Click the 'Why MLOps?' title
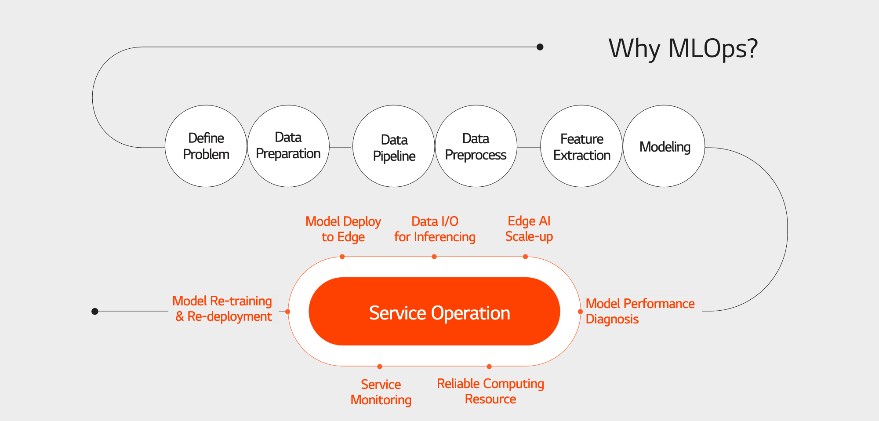point(683,48)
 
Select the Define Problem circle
point(206,146)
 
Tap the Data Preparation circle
point(288,146)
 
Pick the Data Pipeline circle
point(394,146)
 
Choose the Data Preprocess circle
point(476,146)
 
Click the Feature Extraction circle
point(581,146)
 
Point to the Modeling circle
point(664,146)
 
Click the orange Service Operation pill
point(434,311)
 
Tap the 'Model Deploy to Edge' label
point(343,229)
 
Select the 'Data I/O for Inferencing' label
point(435,229)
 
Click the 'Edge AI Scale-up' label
point(529,229)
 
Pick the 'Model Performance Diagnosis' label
point(640,311)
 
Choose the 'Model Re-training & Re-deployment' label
point(222,308)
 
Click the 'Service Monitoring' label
point(381,392)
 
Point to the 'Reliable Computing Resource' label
point(490,391)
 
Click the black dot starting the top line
point(540,47)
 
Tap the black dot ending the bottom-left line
point(95,311)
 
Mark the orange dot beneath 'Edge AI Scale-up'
point(525,257)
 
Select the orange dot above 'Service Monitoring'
point(380,367)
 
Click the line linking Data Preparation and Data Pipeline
point(341,148)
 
